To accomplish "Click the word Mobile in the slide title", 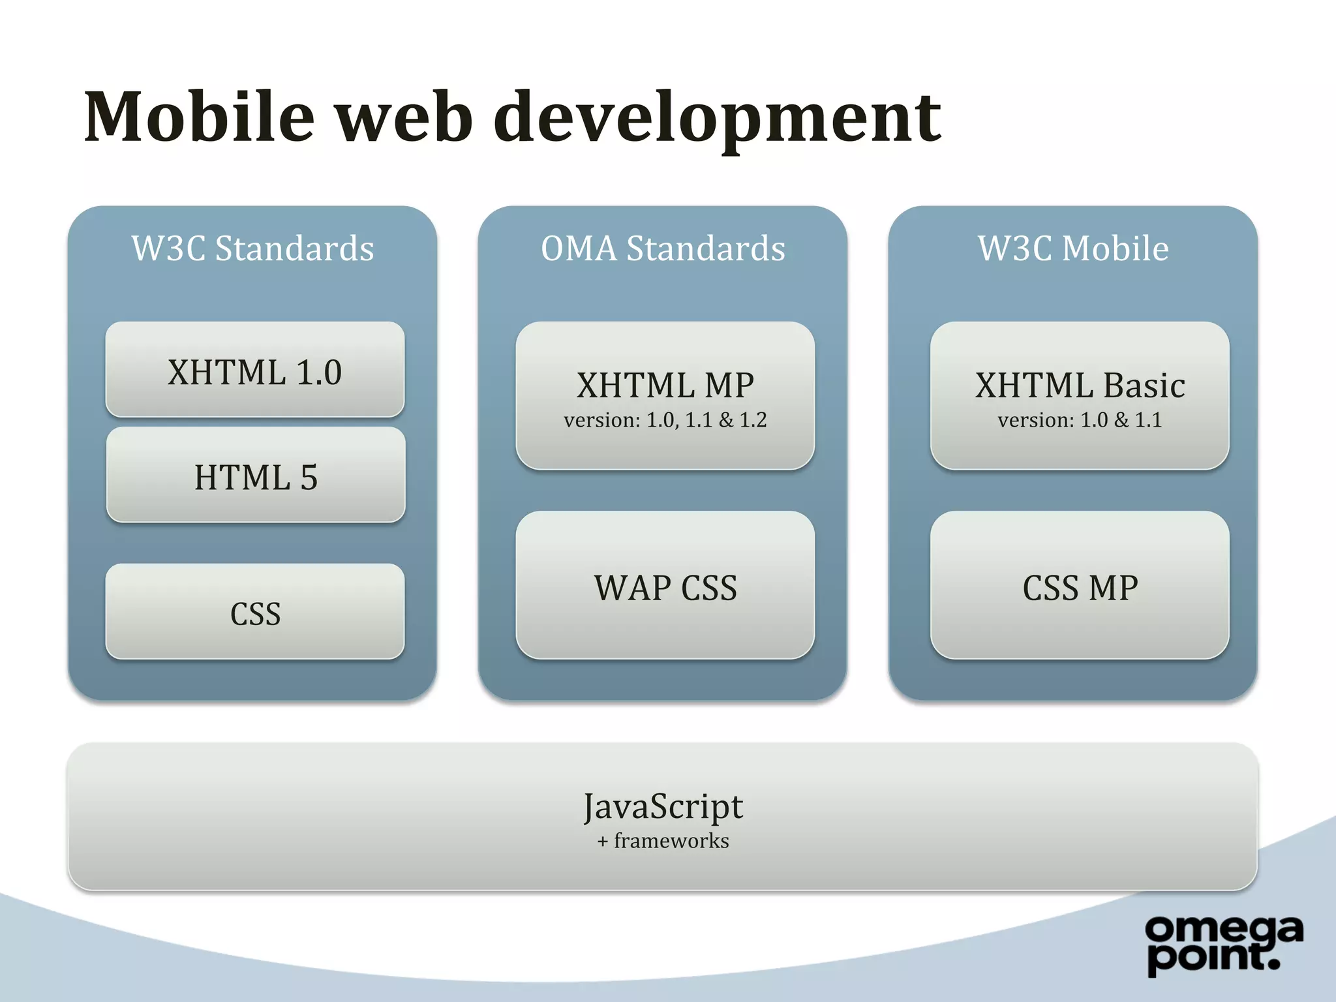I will [200, 117].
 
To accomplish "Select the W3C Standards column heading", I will [253, 249].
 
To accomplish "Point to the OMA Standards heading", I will [663, 249].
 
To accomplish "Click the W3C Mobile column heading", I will [1073, 249].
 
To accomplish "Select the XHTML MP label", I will [665, 385].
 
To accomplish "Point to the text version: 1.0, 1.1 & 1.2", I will [665, 420].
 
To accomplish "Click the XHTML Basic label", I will [1080, 385].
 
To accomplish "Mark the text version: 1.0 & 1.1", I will [1080, 420].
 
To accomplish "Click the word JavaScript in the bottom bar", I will [663, 806].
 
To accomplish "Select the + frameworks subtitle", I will [663, 841].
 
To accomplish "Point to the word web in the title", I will [404, 117].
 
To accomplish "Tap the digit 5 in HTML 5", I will [309, 477].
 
